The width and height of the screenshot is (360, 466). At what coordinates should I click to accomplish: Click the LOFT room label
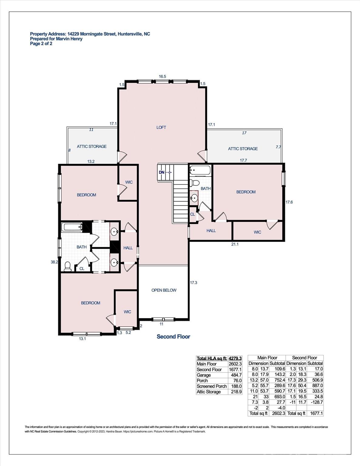(x=161, y=127)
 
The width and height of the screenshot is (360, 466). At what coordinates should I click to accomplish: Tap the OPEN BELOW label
(x=164, y=290)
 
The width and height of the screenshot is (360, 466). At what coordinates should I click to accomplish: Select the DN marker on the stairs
(x=162, y=172)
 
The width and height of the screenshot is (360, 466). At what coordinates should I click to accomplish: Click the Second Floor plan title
(x=173, y=337)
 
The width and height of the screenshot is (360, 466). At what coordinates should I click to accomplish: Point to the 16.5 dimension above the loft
(x=163, y=76)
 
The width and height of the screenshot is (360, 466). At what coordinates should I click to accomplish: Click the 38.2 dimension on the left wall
(x=54, y=262)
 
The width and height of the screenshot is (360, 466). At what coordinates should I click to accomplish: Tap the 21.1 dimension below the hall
(x=235, y=244)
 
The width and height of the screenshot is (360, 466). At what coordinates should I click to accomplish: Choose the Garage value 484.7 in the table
(x=235, y=375)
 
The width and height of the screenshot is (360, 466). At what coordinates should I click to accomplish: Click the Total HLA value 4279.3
(x=235, y=358)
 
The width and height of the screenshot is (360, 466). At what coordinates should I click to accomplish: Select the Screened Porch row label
(x=212, y=386)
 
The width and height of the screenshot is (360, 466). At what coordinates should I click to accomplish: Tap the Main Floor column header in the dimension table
(x=267, y=358)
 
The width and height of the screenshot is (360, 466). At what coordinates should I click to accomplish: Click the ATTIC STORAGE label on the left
(x=92, y=147)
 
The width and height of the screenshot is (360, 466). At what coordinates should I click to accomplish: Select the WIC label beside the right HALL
(x=257, y=232)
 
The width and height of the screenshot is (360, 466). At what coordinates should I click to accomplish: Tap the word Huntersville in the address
(x=130, y=34)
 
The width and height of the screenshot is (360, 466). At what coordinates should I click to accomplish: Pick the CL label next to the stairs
(x=193, y=214)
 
